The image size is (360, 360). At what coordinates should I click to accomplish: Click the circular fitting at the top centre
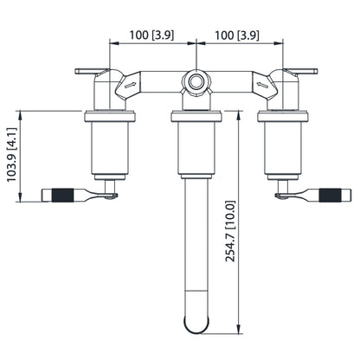tap(197, 83)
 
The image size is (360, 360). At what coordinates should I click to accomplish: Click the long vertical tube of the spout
tap(197, 251)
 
